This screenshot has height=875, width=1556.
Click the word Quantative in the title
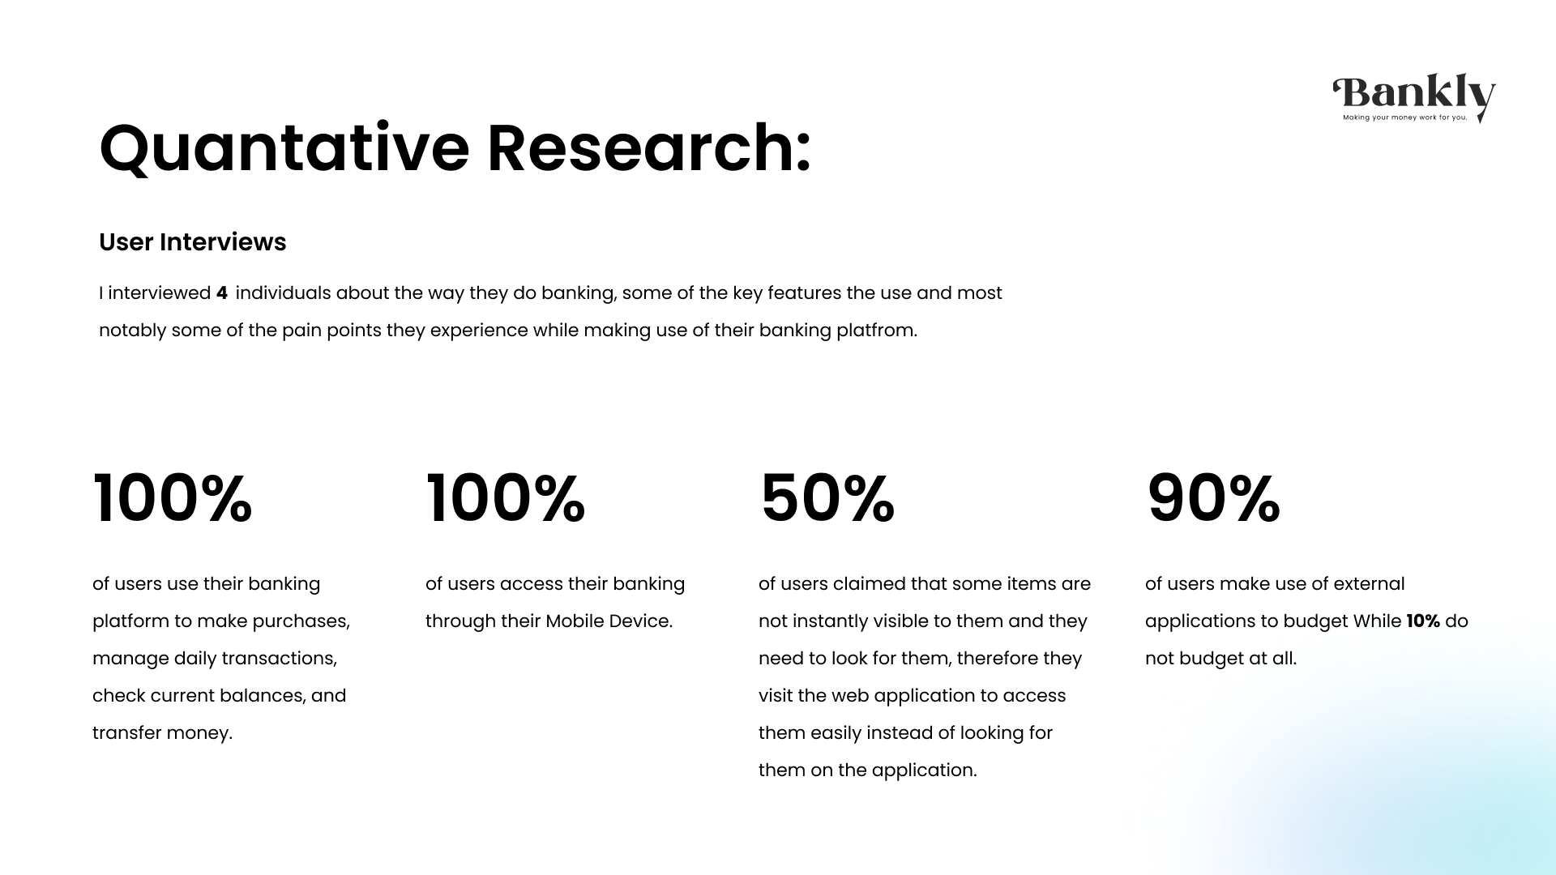[284, 148]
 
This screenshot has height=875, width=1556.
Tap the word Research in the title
[648, 148]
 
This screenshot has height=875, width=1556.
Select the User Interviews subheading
[192, 242]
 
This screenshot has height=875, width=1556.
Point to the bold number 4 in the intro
[222, 293]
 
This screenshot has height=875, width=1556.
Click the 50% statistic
[827, 498]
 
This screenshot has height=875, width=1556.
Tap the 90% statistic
[1213, 498]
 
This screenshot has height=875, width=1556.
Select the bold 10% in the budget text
[1423, 621]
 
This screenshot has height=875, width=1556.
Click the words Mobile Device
[609, 621]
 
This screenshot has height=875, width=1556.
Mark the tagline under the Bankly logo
[1404, 117]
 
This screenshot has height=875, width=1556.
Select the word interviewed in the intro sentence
[160, 293]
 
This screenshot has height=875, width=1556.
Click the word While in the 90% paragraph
[1377, 621]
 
